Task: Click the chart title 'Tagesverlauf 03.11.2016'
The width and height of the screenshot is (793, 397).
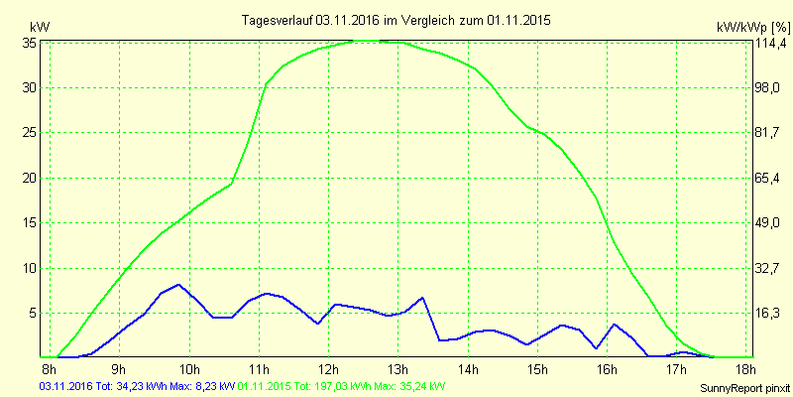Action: click(x=396, y=20)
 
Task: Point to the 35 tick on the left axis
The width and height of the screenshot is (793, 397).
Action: click(x=30, y=43)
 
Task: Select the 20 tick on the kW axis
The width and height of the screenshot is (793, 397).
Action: click(x=30, y=178)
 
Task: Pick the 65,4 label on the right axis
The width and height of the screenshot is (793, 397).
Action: click(x=765, y=178)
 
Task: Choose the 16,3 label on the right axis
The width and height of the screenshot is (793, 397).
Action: click(x=765, y=313)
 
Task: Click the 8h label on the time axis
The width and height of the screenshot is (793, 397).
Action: click(x=50, y=370)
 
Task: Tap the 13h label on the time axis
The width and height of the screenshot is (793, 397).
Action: click(x=397, y=370)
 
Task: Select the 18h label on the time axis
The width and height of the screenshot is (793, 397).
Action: click(x=744, y=370)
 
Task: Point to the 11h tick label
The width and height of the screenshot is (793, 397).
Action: click(x=259, y=370)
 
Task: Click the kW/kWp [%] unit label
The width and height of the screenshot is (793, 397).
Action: click(x=751, y=26)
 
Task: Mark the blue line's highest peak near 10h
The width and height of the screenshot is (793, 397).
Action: click(x=178, y=285)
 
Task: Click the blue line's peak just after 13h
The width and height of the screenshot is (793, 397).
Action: click(x=422, y=298)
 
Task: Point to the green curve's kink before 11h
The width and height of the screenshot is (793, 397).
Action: click(x=231, y=184)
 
